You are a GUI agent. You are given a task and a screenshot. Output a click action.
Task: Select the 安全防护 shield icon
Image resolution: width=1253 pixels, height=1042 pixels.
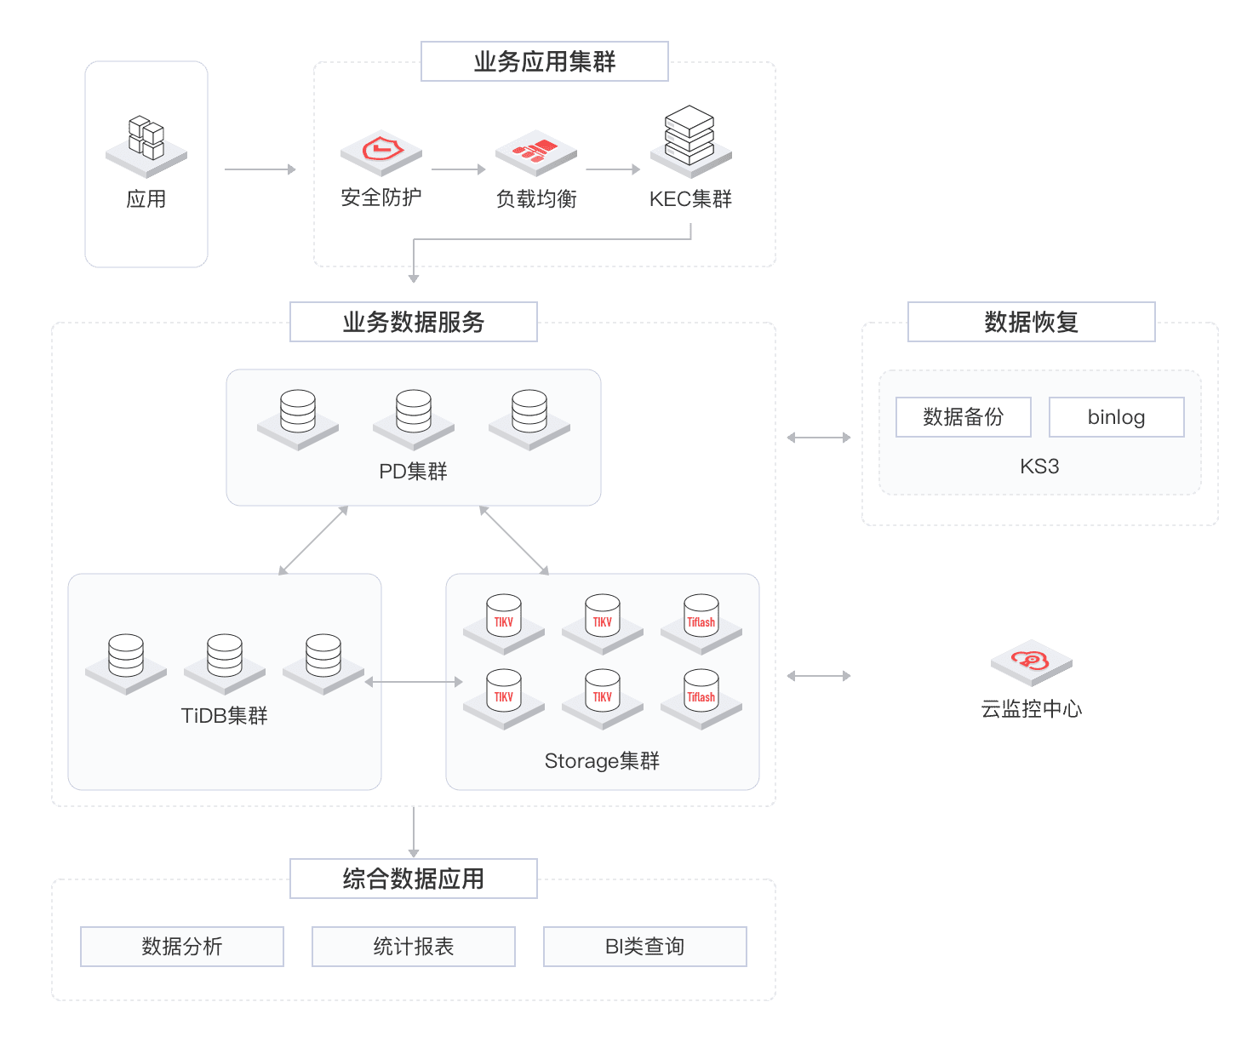click(x=381, y=152)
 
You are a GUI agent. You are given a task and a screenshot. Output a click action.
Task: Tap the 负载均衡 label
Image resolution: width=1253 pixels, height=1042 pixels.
click(x=536, y=199)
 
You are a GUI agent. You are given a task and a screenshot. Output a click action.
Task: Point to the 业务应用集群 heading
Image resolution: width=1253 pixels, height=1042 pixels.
click(x=545, y=62)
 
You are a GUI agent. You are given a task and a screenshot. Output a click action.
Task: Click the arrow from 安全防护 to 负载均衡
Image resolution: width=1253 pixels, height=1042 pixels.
click(x=458, y=169)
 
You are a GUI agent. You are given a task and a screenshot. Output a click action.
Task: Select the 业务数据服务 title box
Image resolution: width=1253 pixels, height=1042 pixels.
click(x=414, y=322)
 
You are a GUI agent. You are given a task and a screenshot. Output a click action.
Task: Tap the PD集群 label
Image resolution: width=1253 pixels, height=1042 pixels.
click(x=413, y=471)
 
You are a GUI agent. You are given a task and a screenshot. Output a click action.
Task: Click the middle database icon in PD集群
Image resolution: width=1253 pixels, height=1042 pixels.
click(x=414, y=415)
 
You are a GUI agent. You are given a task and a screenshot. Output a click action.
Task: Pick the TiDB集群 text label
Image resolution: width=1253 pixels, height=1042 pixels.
click(x=225, y=716)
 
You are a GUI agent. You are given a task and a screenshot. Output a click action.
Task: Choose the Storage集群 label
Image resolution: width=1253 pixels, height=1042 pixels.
click(x=602, y=761)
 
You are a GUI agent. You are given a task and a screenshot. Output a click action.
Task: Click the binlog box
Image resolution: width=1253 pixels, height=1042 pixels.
click(x=1116, y=417)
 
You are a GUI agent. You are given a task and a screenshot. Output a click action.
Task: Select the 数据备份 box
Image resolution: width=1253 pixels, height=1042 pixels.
click(x=963, y=417)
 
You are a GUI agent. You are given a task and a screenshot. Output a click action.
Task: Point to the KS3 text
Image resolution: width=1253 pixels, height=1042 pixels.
click(x=1039, y=467)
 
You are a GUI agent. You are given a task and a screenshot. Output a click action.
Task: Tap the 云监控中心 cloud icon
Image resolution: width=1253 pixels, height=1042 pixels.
click(x=1031, y=661)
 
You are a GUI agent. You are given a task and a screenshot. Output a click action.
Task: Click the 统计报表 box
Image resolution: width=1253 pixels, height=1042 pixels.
click(x=414, y=947)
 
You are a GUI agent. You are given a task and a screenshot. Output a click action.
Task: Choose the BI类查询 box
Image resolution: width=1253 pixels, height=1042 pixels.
click(x=644, y=947)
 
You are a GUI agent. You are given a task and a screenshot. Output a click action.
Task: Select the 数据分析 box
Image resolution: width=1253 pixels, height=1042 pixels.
click(x=182, y=947)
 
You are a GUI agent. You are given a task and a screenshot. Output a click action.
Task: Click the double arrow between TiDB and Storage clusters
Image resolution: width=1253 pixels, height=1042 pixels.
click(x=414, y=682)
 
